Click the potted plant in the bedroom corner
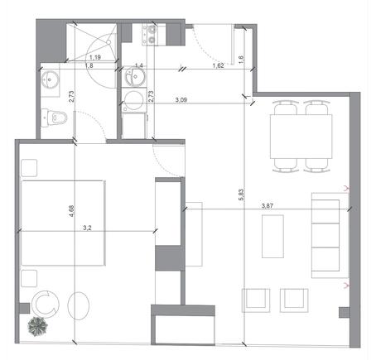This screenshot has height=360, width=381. coord(37,326)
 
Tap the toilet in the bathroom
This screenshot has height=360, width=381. coord(55,118)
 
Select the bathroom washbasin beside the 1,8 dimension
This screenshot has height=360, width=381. coord(50,79)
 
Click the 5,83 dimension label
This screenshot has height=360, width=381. coord(241,195)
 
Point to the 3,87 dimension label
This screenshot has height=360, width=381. coord(268,205)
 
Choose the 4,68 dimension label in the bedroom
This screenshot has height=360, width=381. coord(72,211)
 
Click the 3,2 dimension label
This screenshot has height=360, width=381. coord(87,228)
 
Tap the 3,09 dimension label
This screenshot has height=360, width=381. coord(181,99)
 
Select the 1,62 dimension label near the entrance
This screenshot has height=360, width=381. coord(218,65)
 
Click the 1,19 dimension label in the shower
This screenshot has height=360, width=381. coord(95,57)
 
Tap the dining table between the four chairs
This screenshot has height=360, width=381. coord(301,137)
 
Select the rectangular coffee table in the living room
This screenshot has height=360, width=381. coord(272,237)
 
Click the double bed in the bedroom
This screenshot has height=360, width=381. coord(63,223)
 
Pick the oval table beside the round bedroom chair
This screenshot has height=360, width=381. coord(79,305)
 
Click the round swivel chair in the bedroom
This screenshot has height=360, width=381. coord(46,304)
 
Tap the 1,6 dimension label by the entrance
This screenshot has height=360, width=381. coord(241,59)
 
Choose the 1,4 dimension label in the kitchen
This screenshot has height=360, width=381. coord(139,65)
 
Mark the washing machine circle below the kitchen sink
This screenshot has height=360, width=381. coord(134,100)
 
